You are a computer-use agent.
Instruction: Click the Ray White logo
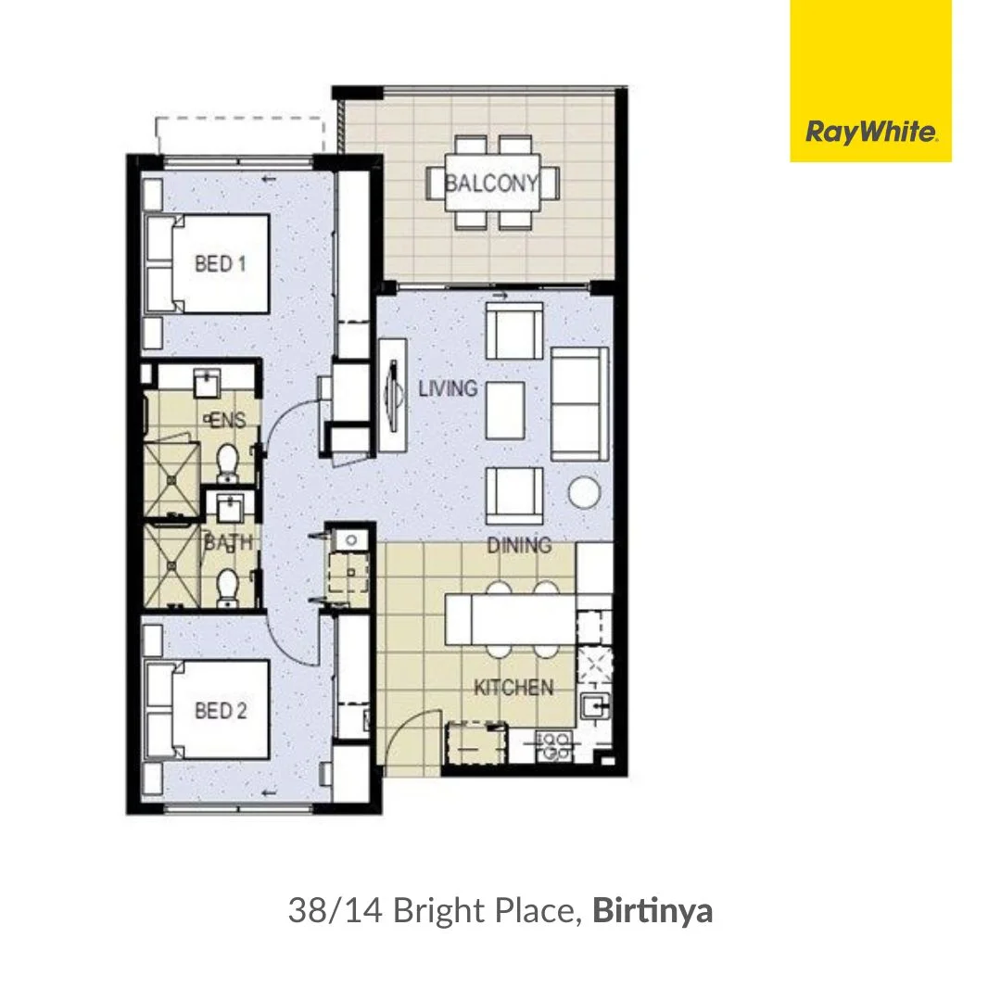tap(871, 132)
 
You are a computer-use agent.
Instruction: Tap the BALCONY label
tap(491, 183)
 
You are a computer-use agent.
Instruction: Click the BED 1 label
tap(221, 264)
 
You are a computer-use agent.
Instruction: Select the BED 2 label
tap(221, 711)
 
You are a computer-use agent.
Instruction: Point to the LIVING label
tap(448, 387)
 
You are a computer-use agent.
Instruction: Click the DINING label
tap(519, 545)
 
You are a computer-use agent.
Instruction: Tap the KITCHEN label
tap(513, 688)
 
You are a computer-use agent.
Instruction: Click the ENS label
tap(228, 421)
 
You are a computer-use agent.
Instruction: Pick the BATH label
tap(228, 543)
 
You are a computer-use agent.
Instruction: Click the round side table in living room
tap(585, 492)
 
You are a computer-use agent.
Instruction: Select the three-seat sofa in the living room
tap(580, 404)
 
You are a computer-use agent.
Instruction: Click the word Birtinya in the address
tap(653, 911)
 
